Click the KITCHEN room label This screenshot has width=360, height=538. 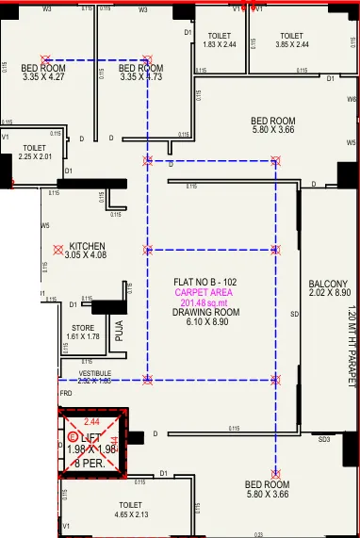click(89, 246)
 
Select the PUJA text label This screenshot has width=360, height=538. click(120, 330)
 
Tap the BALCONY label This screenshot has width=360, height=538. click(328, 284)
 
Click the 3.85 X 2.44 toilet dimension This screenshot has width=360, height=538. click(291, 44)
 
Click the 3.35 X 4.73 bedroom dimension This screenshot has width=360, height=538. click(141, 77)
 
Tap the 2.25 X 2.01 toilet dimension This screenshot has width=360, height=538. click(35, 156)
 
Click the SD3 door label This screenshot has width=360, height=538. click(323, 440)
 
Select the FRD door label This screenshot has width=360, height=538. click(66, 394)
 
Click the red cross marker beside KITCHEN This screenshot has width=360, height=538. click(58, 251)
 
